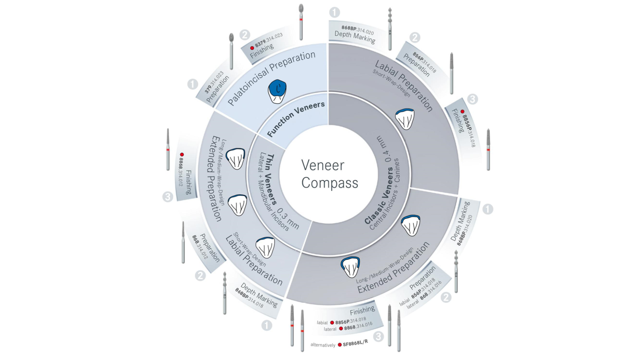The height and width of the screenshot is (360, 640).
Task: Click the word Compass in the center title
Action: tap(330, 183)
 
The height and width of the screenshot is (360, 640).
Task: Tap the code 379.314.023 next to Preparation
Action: tap(214, 82)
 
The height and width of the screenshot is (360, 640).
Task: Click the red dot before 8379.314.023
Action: tap(252, 48)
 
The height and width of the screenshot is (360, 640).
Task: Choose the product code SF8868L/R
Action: tap(355, 343)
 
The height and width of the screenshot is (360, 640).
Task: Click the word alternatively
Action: tap(323, 345)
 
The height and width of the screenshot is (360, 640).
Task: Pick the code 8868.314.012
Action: tap(180, 171)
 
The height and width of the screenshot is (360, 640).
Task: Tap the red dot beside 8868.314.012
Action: tap(182, 155)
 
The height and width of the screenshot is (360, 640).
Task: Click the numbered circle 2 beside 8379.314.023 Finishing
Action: tap(245, 35)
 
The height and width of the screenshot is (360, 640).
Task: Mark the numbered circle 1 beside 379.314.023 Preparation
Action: tap(193, 84)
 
